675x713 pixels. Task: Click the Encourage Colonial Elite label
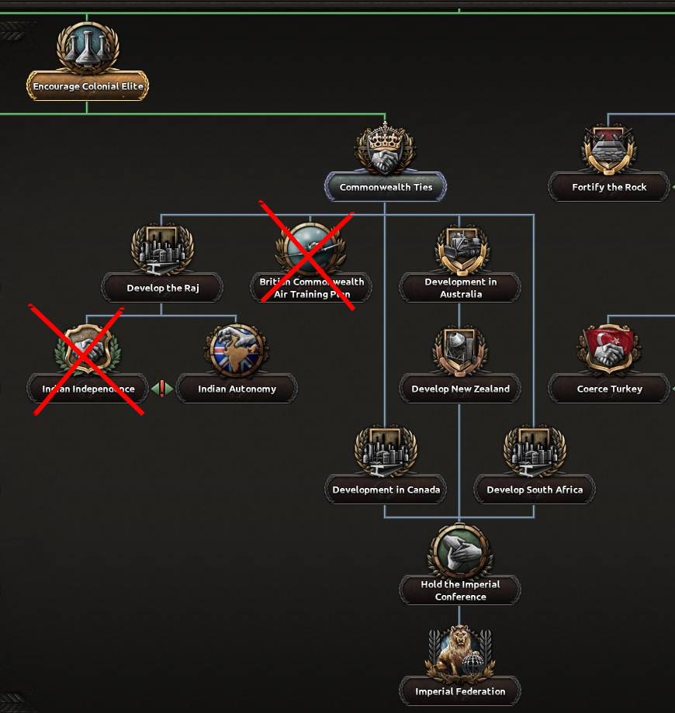click(88, 86)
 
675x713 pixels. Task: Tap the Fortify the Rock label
click(609, 187)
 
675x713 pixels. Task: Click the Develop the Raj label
click(162, 288)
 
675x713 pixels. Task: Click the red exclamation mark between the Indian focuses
click(162, 388)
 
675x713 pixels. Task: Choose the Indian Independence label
click(88, 389)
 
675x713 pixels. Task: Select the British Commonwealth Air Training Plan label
click(311, 288)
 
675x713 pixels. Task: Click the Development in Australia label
click(460, 288)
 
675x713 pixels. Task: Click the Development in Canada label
click(386, 490)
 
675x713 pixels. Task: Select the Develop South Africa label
click(535, 490)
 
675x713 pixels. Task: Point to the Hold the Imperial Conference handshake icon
click(460, 551)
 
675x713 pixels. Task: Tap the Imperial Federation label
click(460, 691)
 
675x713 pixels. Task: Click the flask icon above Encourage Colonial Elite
click(88, 47)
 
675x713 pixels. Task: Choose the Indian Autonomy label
click(237, 389)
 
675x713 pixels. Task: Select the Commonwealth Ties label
click(386, 187)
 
